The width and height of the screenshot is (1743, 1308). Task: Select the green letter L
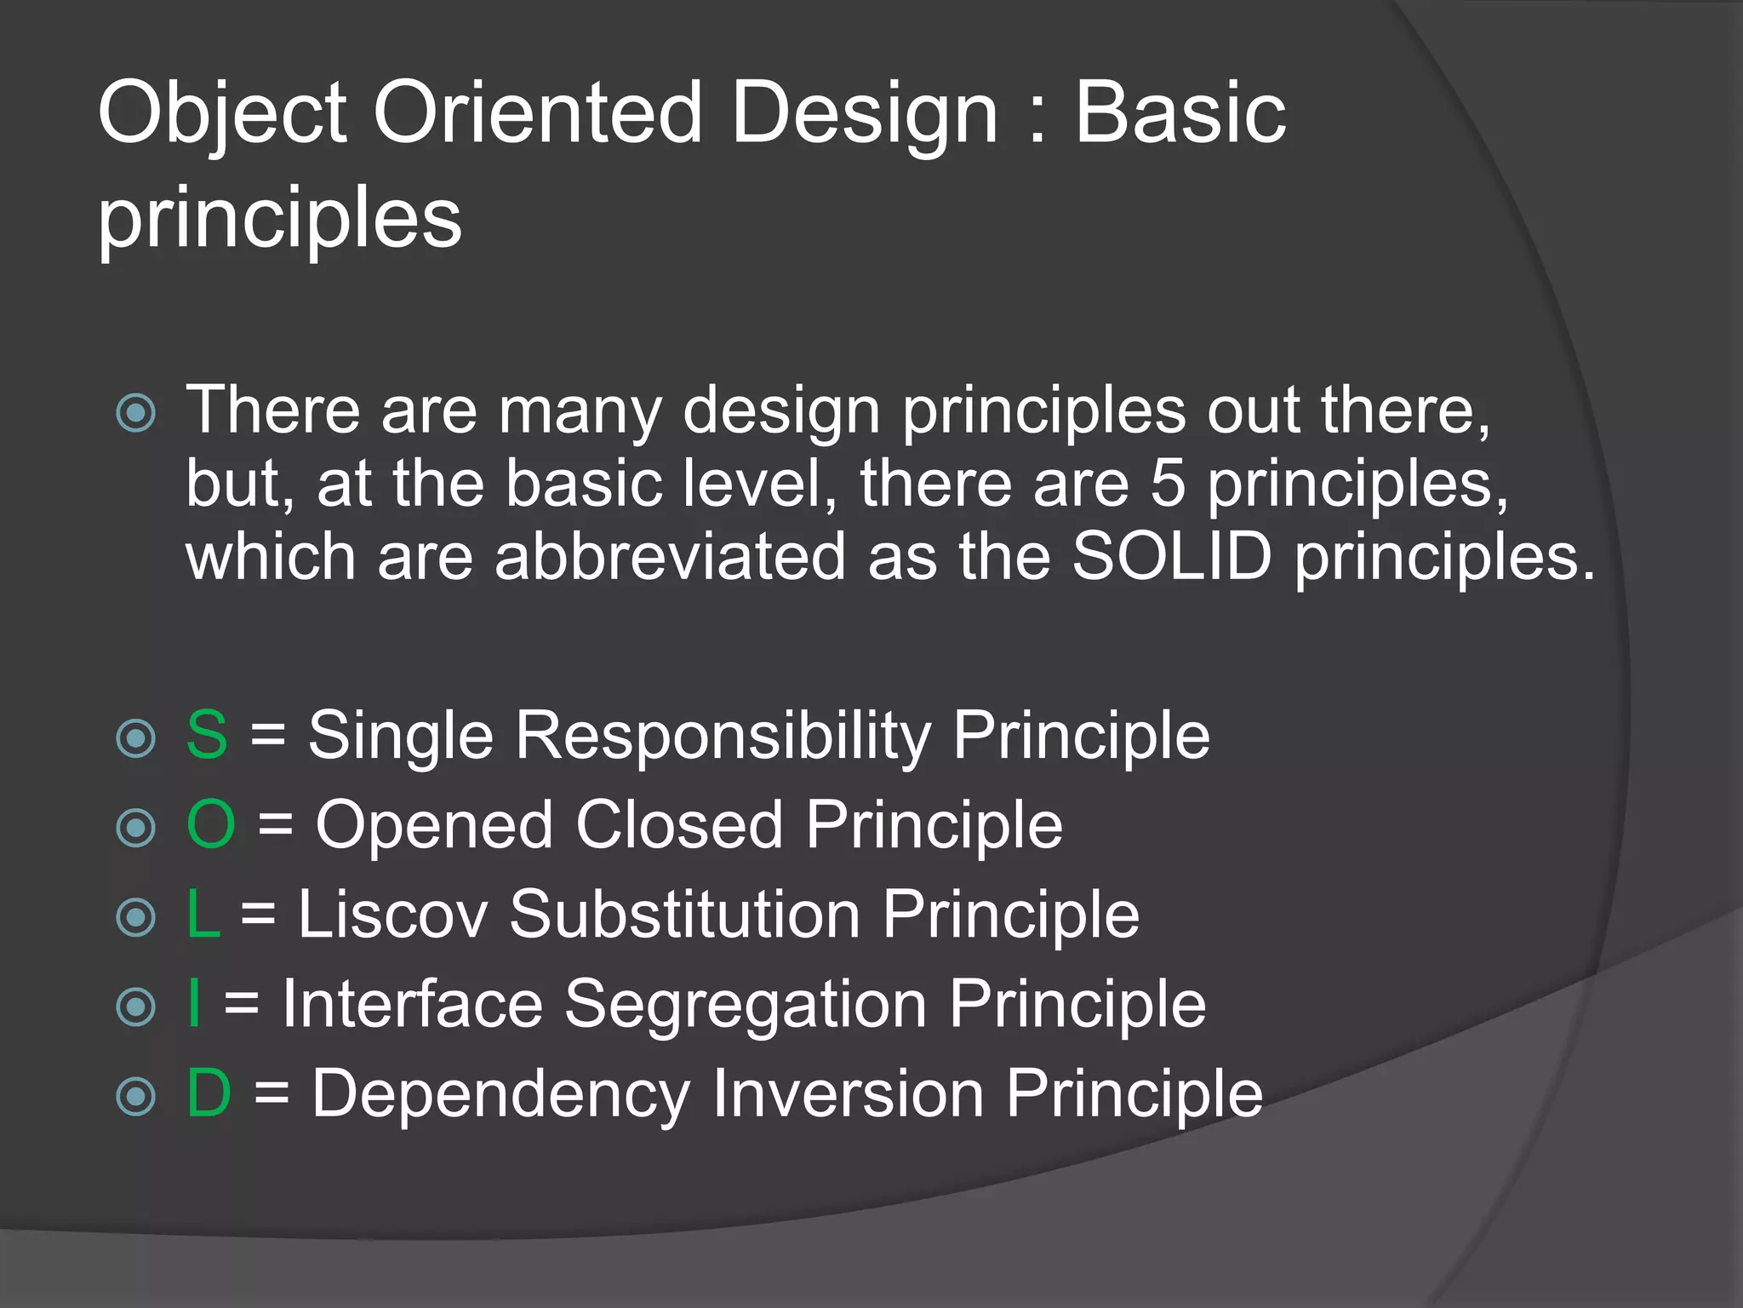[x=203, y=914]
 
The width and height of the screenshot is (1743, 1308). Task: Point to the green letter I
[x=195, y=1003]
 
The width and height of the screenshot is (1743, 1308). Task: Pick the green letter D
[x=209, y=1093]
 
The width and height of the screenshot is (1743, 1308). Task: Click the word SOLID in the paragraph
[x=1171, y=557]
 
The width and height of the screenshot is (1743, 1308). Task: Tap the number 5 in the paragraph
[x=1168, y=484]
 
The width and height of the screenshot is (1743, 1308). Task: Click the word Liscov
[x=392, y=914]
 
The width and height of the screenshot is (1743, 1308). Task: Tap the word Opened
[x=434, y=826]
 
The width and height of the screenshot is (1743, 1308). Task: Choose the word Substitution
[x=685, y=914]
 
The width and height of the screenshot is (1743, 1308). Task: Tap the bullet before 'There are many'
[x=136, y=414]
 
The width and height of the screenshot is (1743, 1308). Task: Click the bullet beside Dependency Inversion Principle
[x=136, y=1096]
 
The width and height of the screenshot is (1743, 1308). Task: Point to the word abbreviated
[x=670, y=557]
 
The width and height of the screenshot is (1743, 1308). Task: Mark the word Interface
[x=412, y=1003]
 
